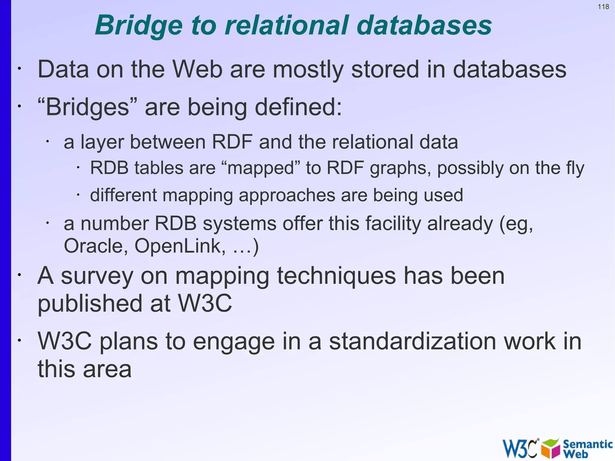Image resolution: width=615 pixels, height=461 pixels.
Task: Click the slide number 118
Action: tap(603, 7)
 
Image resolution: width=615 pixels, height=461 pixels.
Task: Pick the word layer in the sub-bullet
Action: tap(102, 142)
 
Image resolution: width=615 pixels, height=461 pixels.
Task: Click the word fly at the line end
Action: tap(575, 168)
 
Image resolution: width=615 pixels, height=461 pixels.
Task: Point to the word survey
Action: tap(97, 276)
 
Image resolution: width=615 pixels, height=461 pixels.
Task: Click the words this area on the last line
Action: tap(84, 369)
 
